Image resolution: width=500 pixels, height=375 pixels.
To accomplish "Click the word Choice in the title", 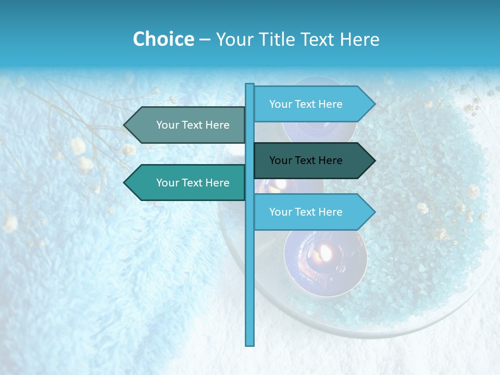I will [x=163, y=39].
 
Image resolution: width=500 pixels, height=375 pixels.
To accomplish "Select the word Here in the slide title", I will [x=359, y=39].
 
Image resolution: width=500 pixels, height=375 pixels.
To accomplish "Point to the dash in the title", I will [x=205, y=40].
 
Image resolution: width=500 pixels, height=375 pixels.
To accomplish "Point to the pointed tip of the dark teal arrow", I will [x=374, y=160].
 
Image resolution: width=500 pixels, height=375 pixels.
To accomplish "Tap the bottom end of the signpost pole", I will [x=250, y=344].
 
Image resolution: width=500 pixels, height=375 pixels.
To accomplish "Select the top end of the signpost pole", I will [x=250, y=85].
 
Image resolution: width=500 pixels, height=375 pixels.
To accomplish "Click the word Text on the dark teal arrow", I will [x=306, y=160].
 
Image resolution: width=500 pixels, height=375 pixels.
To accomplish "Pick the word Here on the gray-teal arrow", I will [x=217, y=125].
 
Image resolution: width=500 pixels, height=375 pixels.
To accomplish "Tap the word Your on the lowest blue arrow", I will [x=281, y=212].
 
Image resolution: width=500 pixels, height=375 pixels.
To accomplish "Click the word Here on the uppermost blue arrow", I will [x=330, y=104].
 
